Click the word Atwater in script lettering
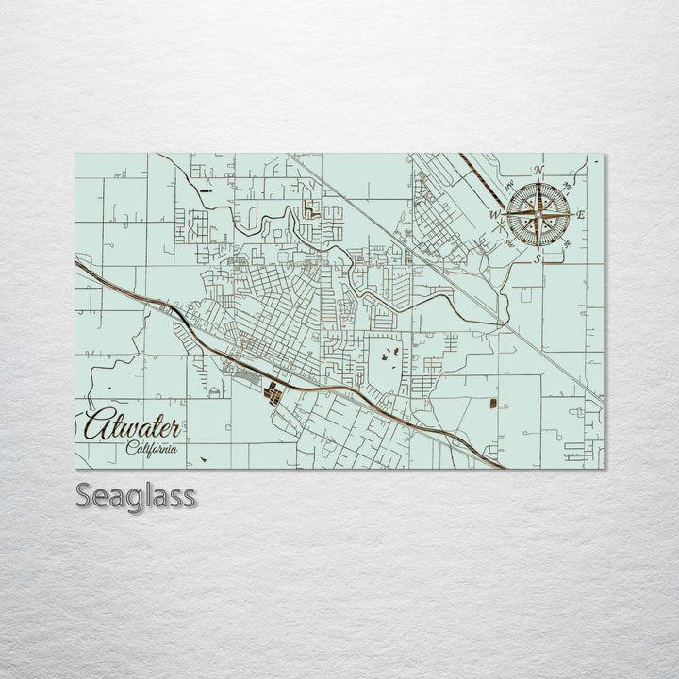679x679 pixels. tap(132, 426)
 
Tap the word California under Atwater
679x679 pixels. tap(152, 448)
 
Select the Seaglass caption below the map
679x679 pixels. tap(135, 495)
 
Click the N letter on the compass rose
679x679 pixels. tap(538, 171)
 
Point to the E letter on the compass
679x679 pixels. tap(580, 216)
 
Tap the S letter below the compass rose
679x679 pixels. tap(538, 257)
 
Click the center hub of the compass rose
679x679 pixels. tap(538, 215)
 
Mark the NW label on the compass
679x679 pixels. tap(508, 185)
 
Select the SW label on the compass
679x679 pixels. tap(508, 244)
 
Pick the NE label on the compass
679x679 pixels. tap(567, 185)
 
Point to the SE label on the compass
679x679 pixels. tap(567, 244)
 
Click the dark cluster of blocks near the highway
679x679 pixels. tap(272, 392)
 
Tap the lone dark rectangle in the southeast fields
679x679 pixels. tap(491, 403)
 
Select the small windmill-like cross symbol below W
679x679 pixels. tap(499, 227)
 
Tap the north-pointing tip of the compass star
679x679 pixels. tap(538, 182)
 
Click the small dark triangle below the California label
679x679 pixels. tap(202, 460)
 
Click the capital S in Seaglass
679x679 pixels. tap(83, 495)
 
